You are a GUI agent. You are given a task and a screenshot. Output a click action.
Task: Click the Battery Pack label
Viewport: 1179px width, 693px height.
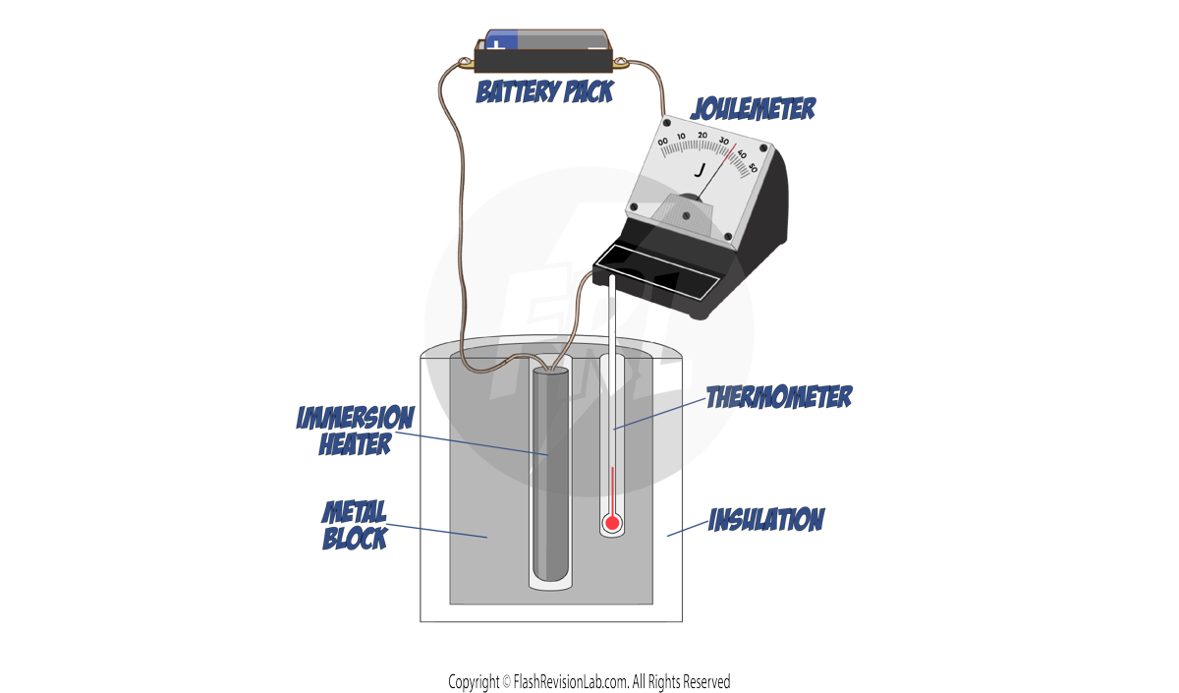(544, 92)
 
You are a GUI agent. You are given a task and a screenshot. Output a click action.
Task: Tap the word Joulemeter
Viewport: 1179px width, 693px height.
(754, 108)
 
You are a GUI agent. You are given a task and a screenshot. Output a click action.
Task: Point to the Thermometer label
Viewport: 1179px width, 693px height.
(779, 397)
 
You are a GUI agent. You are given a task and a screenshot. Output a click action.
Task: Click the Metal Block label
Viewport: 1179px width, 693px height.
(355, 525)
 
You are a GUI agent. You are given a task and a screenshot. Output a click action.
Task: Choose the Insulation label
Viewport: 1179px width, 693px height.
(766, 519)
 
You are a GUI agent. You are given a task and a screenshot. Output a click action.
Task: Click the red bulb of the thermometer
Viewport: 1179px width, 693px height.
(612, 523)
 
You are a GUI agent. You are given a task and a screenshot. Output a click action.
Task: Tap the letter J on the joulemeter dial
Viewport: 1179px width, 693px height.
(700, 170)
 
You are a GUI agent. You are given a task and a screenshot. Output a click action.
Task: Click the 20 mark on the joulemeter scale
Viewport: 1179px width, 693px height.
(702, 136)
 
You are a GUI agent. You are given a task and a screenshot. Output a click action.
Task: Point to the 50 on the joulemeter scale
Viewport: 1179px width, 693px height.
(753, 167)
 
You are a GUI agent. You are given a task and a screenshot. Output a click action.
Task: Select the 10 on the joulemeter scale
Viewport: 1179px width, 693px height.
(682, 137)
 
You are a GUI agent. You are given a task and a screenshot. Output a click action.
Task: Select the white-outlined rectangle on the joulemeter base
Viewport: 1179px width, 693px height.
(657, 273)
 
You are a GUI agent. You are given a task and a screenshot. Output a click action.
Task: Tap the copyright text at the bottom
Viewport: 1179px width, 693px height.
(589, 681)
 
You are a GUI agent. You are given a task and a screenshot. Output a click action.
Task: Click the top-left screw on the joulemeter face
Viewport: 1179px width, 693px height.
(669, 125)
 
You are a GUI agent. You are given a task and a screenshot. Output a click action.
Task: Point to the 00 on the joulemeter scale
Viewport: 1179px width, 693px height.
(663, 144)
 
